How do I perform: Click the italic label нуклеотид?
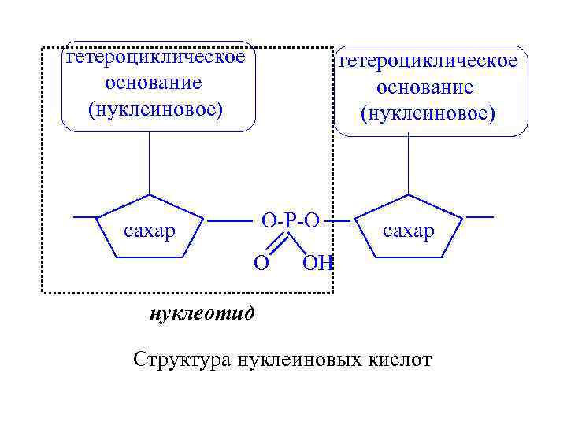point(202,314)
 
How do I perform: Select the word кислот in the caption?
point(400,360)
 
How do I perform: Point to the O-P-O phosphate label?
point(291,220)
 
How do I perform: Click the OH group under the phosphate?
point(318,262)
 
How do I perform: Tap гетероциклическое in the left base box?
point(156,57)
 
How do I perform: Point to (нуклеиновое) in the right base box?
point(428,113)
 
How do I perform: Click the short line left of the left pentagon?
point(84,216)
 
